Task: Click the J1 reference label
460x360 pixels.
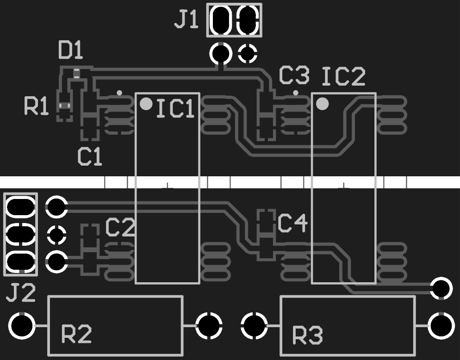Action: pos(186,20)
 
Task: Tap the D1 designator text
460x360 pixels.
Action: pos(71,50)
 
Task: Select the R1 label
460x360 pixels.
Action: pos(36,106)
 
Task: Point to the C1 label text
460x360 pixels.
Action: pos(90,156)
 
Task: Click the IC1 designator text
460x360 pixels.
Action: pos(176,109)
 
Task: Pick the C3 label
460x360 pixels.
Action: pos(294,75)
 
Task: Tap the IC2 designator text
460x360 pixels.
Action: pos(344,76)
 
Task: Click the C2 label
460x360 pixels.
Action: pos(120,227)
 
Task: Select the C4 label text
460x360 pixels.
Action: pos(292,223)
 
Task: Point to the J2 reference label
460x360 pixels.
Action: pos(21,292)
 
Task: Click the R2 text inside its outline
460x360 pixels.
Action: pos(76,334)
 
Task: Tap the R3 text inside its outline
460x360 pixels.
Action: pos(308,335)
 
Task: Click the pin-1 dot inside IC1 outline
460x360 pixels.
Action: pos(146,104)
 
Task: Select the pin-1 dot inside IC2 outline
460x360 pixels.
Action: pos(323,104)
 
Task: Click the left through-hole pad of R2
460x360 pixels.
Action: pos(22,326)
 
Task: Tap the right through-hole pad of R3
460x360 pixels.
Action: pos(441,326)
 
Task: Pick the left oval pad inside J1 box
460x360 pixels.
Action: pos(221,20)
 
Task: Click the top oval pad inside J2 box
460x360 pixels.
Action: pos(20,207)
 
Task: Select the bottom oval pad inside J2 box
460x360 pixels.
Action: pos(20,262)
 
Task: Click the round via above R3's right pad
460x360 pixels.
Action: pos(441,288)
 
